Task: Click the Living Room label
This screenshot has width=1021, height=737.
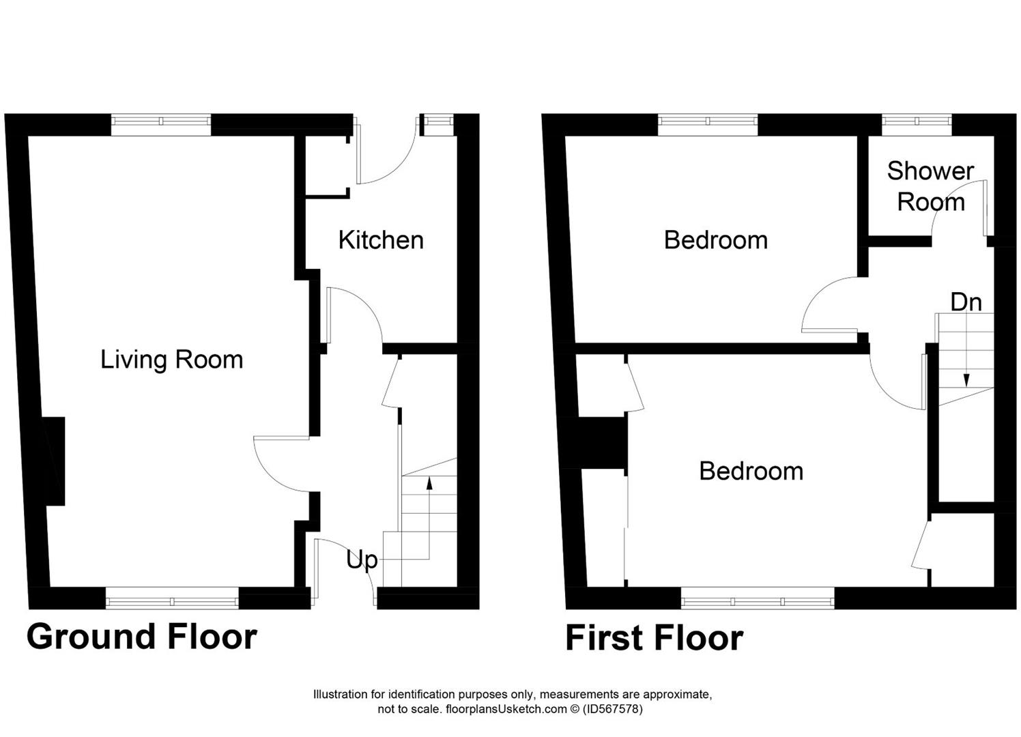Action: pos(171,360)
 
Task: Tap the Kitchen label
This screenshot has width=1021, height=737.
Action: pos(381,240)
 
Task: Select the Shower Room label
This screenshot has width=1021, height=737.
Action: pos(930,186)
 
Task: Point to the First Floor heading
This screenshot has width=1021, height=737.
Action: pos(655,639)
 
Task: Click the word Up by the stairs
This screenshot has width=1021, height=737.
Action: pos(362,560)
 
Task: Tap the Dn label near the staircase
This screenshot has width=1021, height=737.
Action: pos(966,302)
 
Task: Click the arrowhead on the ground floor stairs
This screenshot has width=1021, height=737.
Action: pos(429,484)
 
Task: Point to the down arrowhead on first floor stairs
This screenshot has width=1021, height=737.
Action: pos(966,380)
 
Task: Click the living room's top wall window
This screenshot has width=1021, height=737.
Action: pos(161,121)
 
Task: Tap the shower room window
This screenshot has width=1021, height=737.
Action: pos(917,121)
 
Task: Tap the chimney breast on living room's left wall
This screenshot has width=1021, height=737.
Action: pos(53,461)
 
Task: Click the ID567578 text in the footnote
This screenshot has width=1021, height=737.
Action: pos(612,709)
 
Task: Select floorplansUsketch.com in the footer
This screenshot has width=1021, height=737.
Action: pos(506,709)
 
